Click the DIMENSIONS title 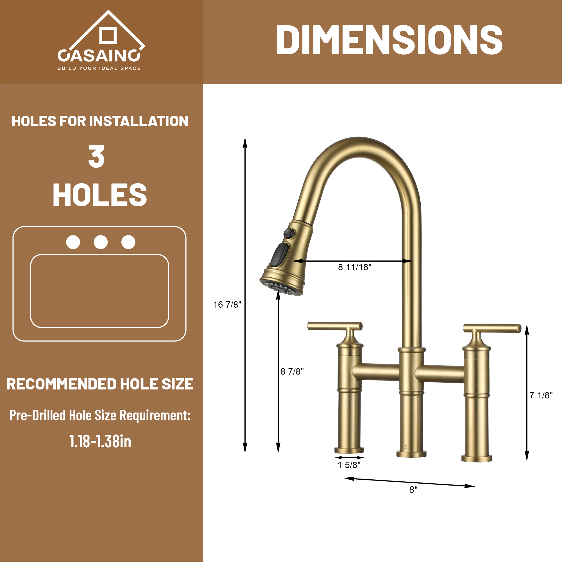point(389,40)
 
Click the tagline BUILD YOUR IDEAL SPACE point(99,68)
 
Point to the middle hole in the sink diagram point(101,242)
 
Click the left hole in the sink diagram point(73,242)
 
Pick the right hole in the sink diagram point(128,242)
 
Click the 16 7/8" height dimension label point(227,305)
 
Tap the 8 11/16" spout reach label point(355,267)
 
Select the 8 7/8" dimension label point(292,371)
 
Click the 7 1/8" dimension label point(541,395)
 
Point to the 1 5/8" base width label point(349,465)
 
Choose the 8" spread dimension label point(413,490)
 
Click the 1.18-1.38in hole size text point(100,441)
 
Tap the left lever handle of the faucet point(334,326)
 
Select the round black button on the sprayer point(289,233)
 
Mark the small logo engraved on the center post point(406,447)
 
